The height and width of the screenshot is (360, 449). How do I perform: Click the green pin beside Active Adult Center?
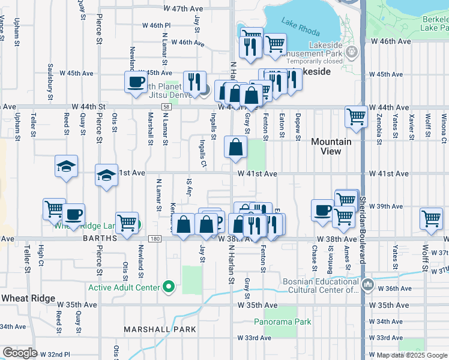click(169, 287)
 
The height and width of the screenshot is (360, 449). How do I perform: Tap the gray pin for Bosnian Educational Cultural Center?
click(367, 283)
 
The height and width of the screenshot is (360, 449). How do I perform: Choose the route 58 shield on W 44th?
click(166, 107)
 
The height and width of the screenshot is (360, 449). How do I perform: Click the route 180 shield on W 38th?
click(155, 239)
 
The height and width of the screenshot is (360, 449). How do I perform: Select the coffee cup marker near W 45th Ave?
click(136, 82)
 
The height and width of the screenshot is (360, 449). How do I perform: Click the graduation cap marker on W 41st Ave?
click(106, 175)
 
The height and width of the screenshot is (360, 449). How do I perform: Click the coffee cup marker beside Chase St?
click(322, 210)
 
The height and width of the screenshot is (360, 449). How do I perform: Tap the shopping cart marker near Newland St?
click(127, 222)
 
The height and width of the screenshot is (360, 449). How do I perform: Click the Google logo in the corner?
click(20, 353)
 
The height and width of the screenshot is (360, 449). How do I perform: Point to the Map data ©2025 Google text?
click(412, 355)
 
